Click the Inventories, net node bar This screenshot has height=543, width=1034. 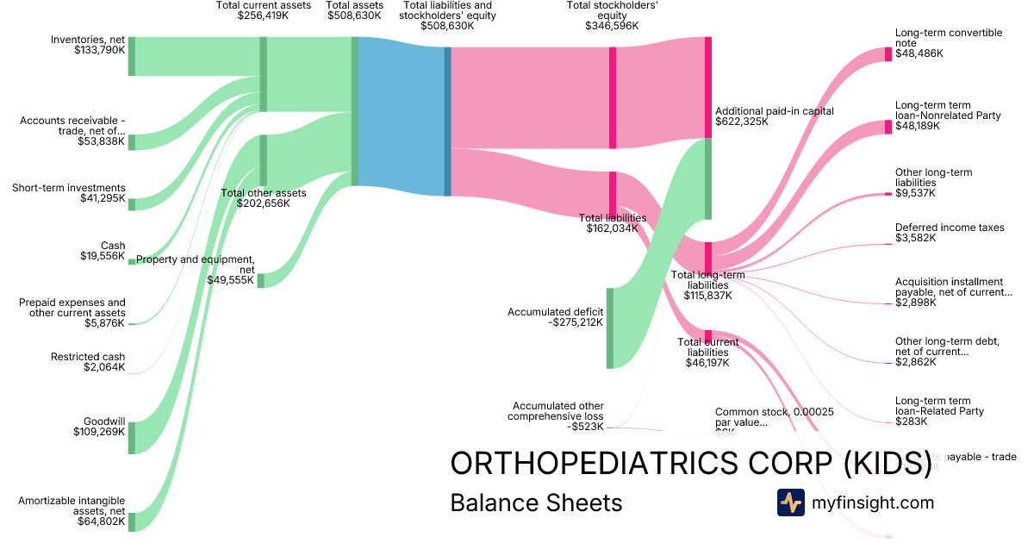click(x=132, y=56)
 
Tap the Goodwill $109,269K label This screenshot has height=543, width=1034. click(x=100, y=426)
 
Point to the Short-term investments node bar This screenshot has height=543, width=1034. click(x=132, y=203)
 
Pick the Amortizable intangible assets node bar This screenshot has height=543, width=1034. click(x=132, y=521)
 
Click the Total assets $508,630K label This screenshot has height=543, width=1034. click(x=354, y=10)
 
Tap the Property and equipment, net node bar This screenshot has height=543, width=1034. click(x=260, y=280)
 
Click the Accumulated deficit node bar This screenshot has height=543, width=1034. click(x=610, y=328)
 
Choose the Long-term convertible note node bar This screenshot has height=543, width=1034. click(x=888, y=54)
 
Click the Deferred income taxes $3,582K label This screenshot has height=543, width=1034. click(x=938, y=233)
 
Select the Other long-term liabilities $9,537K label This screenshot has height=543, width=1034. click(x=933, y=183)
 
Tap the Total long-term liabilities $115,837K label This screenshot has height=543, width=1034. click(x=707, y=285)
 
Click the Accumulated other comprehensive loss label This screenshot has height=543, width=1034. click(x=557, y=415)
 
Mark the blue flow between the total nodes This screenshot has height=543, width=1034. click(x=401, y=116)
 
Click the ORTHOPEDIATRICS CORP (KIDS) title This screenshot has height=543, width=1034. click(x=690, y=463)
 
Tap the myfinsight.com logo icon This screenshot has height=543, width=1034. click(x=790, y=502)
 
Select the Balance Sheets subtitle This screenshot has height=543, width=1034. click(x=536, y=502)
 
